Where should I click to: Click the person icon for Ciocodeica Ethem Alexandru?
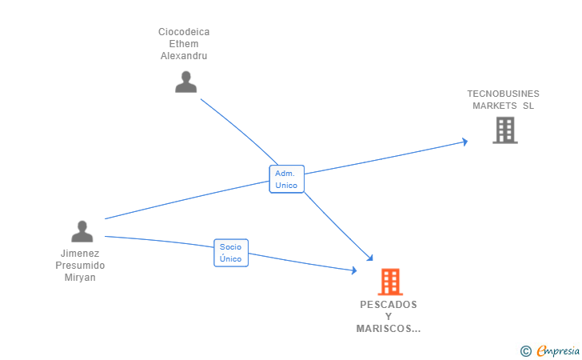click(x=185, y=82)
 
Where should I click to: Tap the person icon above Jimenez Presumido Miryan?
click(x=82, y=231)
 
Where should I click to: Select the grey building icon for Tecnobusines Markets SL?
click(x=505, y=130)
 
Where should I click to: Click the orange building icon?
click(x=390, y=282)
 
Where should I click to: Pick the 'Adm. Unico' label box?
click(x=286, y=179)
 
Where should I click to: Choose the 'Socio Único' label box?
click(x=231, y=253)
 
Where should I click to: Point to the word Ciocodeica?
click(x=184, y=32)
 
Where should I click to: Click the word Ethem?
click(x=184, y=44)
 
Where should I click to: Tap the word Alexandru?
click(x=184, y=56)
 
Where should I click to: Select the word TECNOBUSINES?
click(x=503, y=94)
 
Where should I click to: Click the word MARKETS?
click(x=494, y=106)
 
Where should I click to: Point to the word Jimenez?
click(x=80, y=254)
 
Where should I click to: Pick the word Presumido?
click(x=80, y=266)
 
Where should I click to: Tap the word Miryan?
click(x=80, y=278)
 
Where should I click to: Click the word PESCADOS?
click(x=389, y=305)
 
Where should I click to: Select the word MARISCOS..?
click(x=384, y=329)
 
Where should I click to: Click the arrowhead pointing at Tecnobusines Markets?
click(x=464, y=142)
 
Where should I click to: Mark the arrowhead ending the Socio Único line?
click(x=353, y=270)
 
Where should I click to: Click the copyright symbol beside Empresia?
click(x=525, y=351)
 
